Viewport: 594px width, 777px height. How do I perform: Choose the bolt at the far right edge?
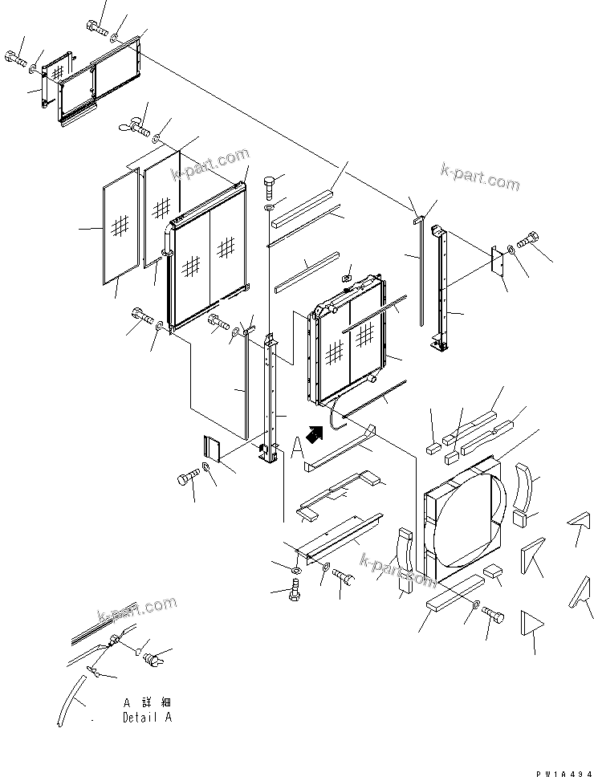[531, 238]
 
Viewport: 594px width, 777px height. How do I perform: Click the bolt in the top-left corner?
[14, 57]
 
